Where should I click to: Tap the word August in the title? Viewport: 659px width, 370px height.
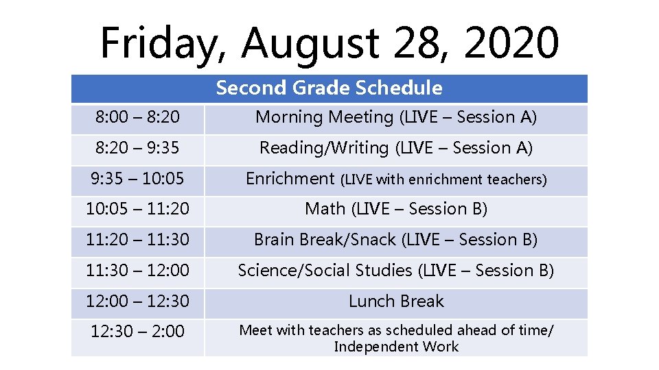[x=310, y=42]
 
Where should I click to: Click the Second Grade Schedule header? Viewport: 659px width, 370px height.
[x=329, y=88]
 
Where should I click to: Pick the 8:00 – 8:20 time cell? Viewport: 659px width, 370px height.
[x=137, y=118]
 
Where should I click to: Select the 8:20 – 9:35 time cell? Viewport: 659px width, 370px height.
[x=137, y=148]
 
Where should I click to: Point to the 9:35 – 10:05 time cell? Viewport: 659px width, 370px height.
[x=137, y=179]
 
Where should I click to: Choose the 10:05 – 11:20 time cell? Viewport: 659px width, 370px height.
[x=137, y=209]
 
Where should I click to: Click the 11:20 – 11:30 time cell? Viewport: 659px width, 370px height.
[x=137, y=240]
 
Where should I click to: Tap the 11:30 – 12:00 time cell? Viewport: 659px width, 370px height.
[x=137, y=271]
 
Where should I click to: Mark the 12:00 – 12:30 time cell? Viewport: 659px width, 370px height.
[x=137, y=301]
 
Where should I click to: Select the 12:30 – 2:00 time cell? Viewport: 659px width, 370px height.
[x=137, y=332]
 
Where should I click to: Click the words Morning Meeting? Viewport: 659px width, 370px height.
[x=324, y=118]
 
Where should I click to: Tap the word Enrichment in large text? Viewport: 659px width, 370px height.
[x=290, y=179]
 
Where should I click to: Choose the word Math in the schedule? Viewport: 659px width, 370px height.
[x=325, y=209]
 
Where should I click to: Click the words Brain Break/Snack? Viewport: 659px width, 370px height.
[x=325, y=240]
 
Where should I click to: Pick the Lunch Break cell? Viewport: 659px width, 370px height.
[x=396, y=301]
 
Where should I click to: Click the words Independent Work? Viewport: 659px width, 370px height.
[x=396, y=347]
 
